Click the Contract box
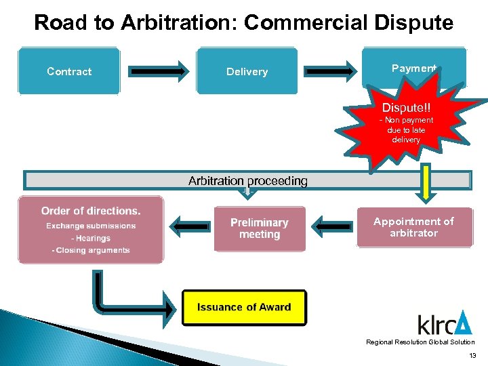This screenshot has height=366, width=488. [x=69, y=70]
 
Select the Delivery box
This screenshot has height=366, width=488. [x=247, y=70]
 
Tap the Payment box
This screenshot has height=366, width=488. [x=413, y=68]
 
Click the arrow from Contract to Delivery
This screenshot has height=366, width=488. [x=158, y=70]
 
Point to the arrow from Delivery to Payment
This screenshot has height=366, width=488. [x=330, y=70]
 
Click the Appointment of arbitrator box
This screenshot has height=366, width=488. [x=413, y=227]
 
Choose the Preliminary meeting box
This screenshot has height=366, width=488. [x=260, y=228]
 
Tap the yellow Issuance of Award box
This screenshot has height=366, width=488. [x=244, y=307]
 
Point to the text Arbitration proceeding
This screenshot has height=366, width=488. [x=247, y=181]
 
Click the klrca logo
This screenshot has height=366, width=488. [x=444, y=323]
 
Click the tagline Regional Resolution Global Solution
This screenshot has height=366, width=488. [x=420, y=342]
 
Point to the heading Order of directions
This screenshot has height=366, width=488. [x=91, y=211]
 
